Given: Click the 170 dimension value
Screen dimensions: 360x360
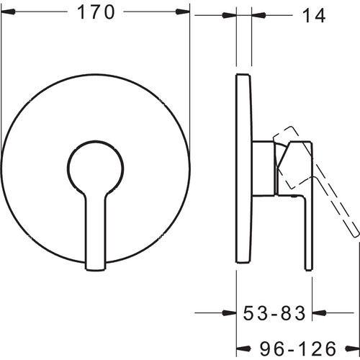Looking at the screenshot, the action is (96, 12).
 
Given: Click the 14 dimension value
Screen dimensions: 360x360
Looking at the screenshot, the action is (314, 16).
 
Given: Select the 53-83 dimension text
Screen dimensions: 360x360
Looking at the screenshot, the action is (274, 313).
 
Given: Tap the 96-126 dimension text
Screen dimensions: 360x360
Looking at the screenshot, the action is (298, 348).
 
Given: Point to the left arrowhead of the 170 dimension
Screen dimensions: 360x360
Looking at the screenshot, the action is (9, 12).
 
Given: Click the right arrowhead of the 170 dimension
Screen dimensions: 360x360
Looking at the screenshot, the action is (183, 12).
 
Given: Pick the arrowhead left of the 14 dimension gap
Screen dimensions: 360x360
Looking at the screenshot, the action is (230, 15).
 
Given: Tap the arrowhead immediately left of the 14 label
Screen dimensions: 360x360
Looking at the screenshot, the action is (258, 15).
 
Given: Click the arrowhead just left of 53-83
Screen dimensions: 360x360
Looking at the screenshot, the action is (230, 312).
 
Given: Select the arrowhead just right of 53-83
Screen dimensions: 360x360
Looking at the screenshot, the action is (319, 312).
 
